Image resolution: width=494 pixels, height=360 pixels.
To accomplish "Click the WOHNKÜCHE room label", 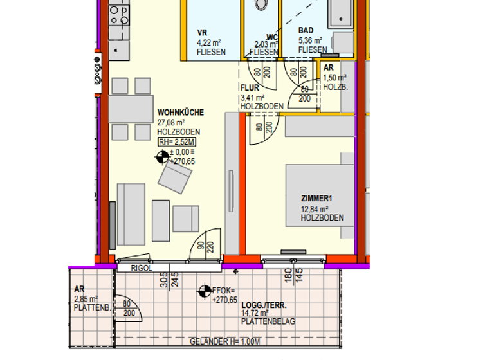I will tap(181, 113).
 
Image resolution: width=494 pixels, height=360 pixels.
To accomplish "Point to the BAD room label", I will tap(306, 31).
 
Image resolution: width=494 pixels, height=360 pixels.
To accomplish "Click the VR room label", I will tap(202, 32).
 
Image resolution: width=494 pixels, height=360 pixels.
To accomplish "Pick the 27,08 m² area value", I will tap(172, 122).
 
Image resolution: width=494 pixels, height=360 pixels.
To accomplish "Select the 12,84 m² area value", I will tap(315, 209).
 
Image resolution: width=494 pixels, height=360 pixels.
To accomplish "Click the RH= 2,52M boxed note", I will tap(177, 142).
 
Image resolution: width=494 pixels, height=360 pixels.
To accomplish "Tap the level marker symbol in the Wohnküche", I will tap(162, 157).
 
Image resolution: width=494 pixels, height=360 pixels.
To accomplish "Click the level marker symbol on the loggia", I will tap(205, 292).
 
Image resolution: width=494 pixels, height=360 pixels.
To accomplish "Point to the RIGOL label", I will tap(141, 268).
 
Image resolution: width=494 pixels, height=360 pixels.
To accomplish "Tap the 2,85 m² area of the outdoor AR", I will tap(86, 298).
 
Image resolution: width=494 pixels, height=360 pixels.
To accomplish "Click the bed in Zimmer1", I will tap(320, 195).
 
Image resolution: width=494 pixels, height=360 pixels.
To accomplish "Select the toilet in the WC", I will tap(261, 4).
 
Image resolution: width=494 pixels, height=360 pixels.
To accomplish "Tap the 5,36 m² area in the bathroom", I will tap(310, 40).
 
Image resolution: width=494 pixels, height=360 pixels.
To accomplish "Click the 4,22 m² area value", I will tap(208, 43).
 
